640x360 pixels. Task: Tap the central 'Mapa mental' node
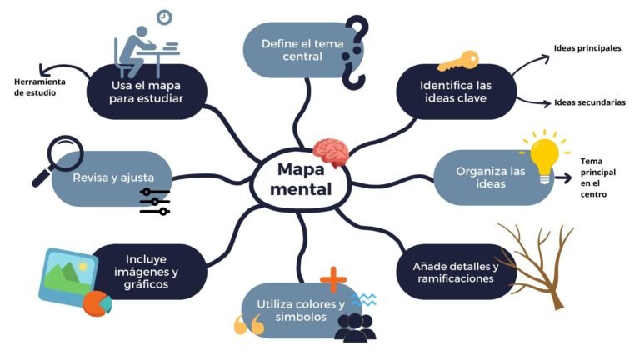pyautogui.click(x=304, y=178)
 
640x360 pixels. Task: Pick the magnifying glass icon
pyautogui.click(x=57, y=159)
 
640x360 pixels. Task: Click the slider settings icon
pyautogui.click(x=155, y=201)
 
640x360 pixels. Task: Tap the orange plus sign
pyautogui.click(x=332, y=279)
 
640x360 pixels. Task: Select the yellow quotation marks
pyautogui.click(x=248, y=325)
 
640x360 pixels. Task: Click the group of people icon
pyautogui.click(x=355, y=327)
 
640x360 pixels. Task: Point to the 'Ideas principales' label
pyautogui.click(x=587, y=48)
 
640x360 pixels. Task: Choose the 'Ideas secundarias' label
pyautogui.click(x=590, y=102)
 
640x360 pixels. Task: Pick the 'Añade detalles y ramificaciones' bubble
pyautogui.click(x=454, y=272)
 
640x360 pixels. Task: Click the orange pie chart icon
pyautogui.click(x=97, y=302)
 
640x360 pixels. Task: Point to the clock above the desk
pyautogui.click(x=163, y=17)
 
